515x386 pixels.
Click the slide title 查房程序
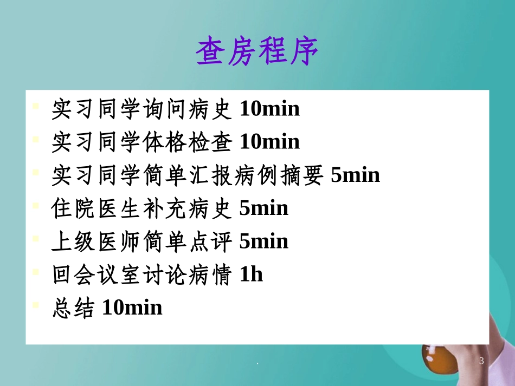point(257,51)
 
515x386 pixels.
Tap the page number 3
point(481,361)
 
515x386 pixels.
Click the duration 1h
point(251,274)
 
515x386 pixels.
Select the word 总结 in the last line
point(74,308)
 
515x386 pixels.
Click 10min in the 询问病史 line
point(269,109)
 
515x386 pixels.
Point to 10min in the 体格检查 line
point(269,142)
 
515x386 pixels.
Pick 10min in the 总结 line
point(132,308)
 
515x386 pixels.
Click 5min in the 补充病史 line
point(263,208)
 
